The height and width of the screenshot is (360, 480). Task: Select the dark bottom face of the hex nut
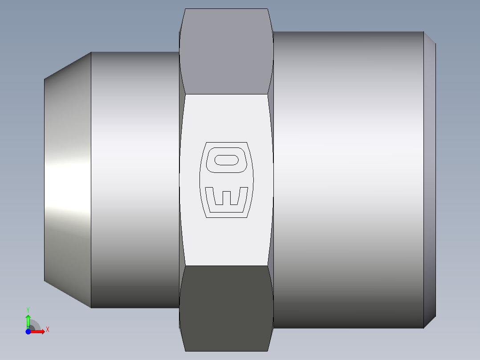pyautogui.click(x=226, y=307)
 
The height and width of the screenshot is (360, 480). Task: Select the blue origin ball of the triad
pyautogui.click(x=28, y=331)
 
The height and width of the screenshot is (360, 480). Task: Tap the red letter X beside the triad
pyautogui.click(x=47, y=330)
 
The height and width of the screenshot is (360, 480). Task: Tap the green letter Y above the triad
pyautogui.click(x=28, y=309)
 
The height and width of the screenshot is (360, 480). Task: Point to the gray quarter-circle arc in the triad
pyautogui.click(x=37, y=323)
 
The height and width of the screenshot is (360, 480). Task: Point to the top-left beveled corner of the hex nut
pyautogui.click(x=182, y=20)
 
